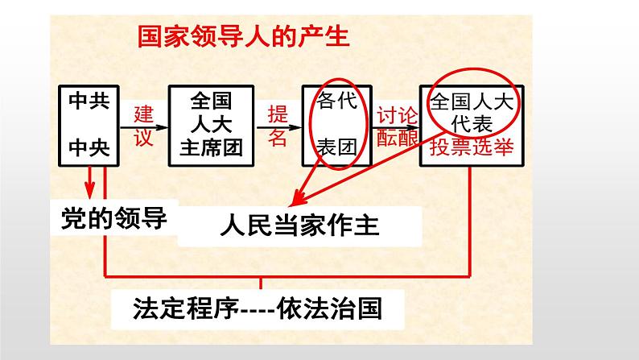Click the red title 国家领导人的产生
click(x=243, y=37)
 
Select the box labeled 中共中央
click(x=89, y=126)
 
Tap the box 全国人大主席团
click(x=211, y=126)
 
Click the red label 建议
click(x=144, y=126)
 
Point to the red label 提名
click(x=278, y=126)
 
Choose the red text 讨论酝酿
click(x=397, y=126)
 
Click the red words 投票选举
click(x=472, y=147)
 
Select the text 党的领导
click(x=114, y=218)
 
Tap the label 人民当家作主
click(x=300, y=225)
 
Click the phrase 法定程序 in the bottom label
click(x=186, y=308)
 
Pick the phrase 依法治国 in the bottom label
click(x=329, y=308)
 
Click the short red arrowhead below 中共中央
click(x=89, y=190)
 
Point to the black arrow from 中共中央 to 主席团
click(x=144, y=127)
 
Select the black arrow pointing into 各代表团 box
click(x=278, y=127)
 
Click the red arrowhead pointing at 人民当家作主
click(x=298, y=198)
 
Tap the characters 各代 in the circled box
click(x=337, y=101)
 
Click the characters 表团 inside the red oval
click(x=337, y=147)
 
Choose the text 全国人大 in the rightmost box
click(x=472, y=101)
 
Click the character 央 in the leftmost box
click(x=100, y=147)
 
